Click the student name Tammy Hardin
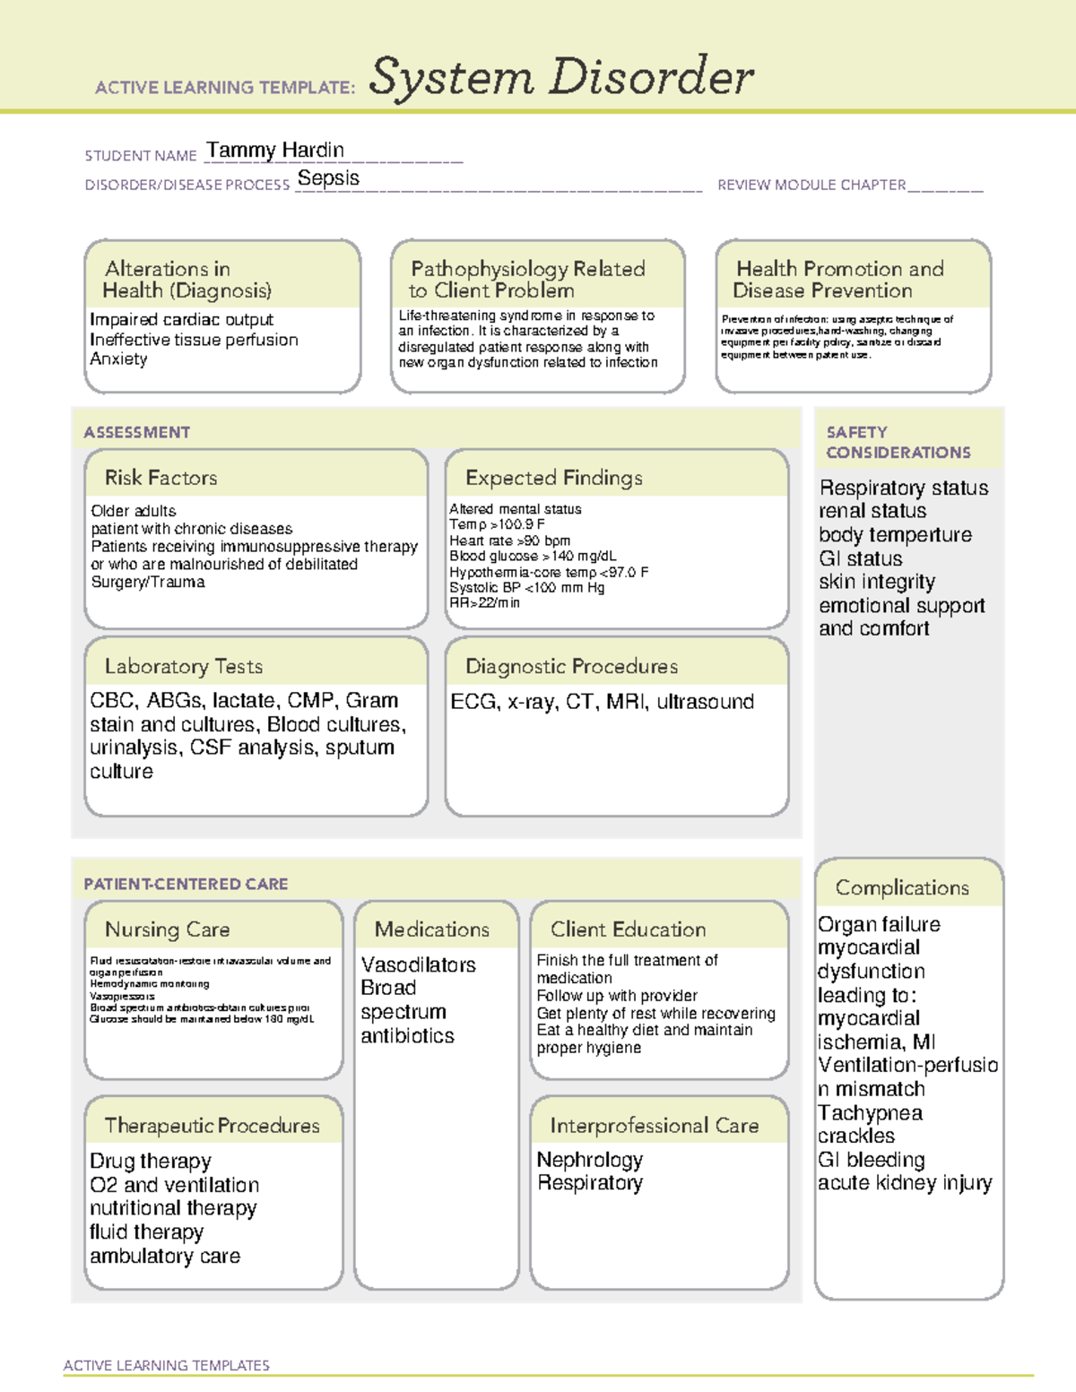(274, 150)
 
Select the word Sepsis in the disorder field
(328, 178)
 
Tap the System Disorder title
(561, 77)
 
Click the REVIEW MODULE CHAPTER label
(811, 185)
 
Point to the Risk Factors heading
(161, 478)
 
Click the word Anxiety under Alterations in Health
(118, 359)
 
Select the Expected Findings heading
(553, 478)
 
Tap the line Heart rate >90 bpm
(509, 540)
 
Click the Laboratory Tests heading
(183, 666)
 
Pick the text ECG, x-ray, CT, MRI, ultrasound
(602, 702)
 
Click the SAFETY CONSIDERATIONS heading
(898, 442)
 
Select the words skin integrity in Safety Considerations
(876, 582)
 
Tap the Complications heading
(902, 887)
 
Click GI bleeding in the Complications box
(871, 1160)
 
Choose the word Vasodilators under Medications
(418, 964)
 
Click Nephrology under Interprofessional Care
(589, 1160)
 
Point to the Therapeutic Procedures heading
(212, 1125)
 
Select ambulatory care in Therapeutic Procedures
(165, 1256)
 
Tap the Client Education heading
(628, 929)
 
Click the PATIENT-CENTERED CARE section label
(186, 884)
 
